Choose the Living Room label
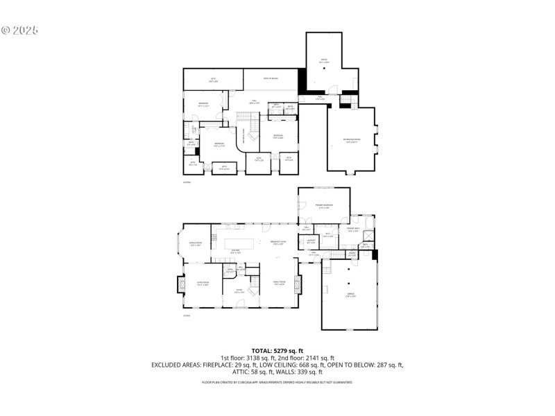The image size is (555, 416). coord(203,283)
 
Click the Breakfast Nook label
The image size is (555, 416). coord(280,242)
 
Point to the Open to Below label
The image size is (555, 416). coord(271,79)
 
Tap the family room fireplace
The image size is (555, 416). coord(299,284)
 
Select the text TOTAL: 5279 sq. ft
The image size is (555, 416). coord(277,351)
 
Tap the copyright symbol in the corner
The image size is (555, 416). coord(6,31)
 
